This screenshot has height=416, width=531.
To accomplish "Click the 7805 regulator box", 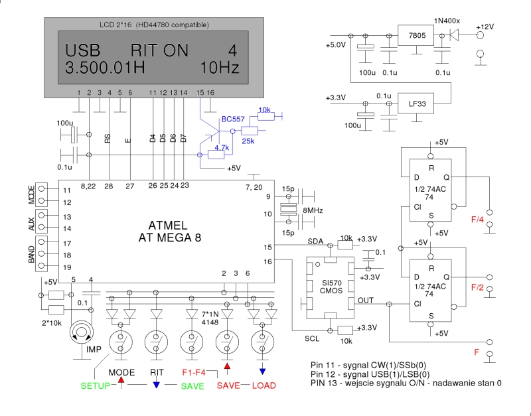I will (417, 35).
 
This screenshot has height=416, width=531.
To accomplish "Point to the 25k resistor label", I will (249, 141).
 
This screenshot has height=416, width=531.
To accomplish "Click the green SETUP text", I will (95, 385).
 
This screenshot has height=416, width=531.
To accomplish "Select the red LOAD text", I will (264, 385).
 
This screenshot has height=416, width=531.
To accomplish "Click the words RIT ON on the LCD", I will (159, 50).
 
